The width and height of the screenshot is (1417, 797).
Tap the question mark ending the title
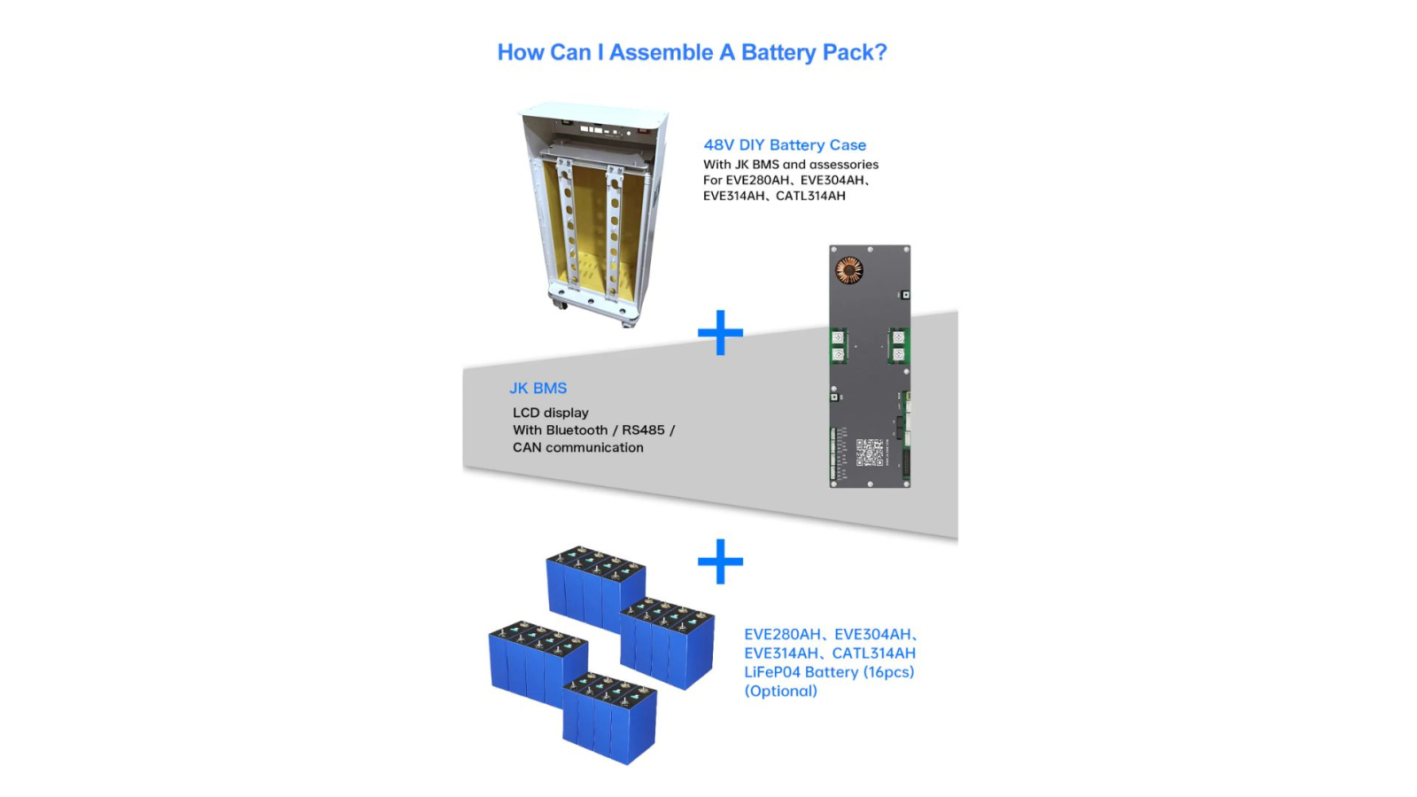click(x=880, y=52)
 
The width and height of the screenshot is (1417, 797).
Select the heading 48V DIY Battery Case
click(x=785, y=145)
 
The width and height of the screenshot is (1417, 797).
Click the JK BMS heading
click(x=538, y=388)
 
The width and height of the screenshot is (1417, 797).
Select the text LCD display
click(x=550, y=413)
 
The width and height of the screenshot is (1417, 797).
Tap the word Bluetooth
click(x=577, y=430)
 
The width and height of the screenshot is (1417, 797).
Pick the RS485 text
click(x=643, y=430)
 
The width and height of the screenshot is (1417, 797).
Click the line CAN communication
click(x=577, y=447)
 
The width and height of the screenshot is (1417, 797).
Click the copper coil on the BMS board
click(x=849, y=271)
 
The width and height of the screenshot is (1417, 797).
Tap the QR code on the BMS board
click(x=870, y=453)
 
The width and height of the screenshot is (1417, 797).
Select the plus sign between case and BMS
click(x=721, y=332)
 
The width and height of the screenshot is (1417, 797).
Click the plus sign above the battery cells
click(x=721, y=561)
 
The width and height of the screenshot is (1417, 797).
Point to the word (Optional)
click(x=780, y=691)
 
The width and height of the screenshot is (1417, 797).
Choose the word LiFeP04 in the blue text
click(x=772, y=672)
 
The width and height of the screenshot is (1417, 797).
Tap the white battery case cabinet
click(x=593, y=213)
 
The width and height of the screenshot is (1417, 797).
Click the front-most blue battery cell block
click(x=609, y=719)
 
